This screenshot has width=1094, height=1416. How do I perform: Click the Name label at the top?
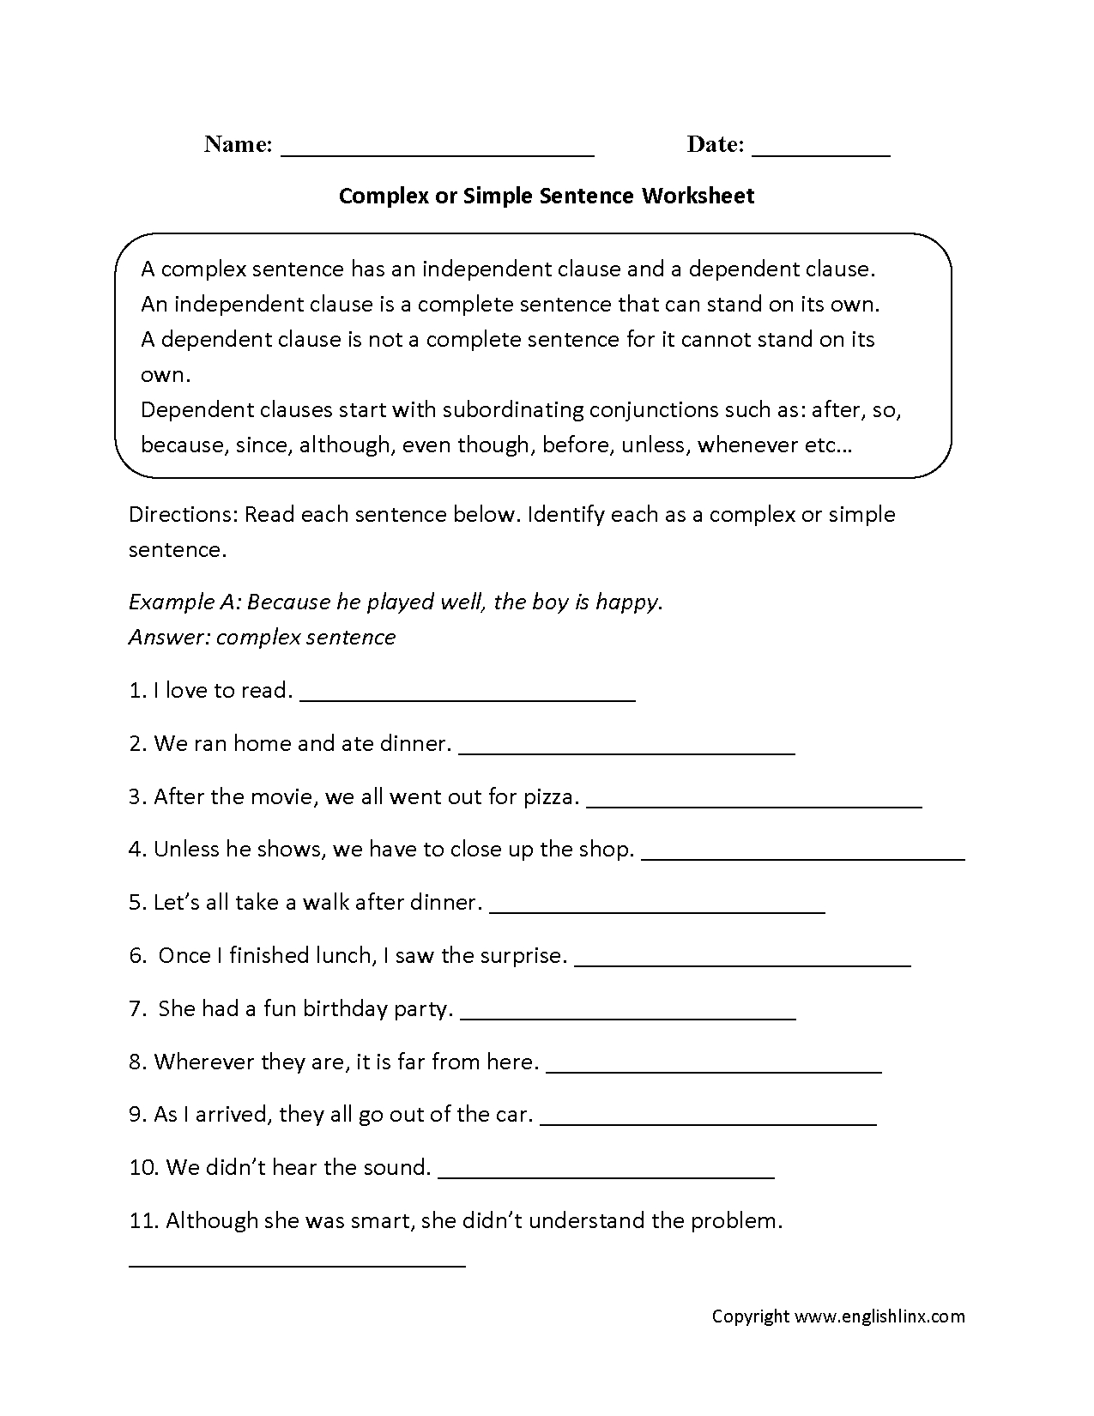[238, 144]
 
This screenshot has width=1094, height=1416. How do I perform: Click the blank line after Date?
[820, 154]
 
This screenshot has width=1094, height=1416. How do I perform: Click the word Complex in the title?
[384, 196]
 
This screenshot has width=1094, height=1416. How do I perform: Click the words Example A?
[184, 602]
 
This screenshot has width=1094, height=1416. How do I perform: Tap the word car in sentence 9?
[512, 1115]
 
